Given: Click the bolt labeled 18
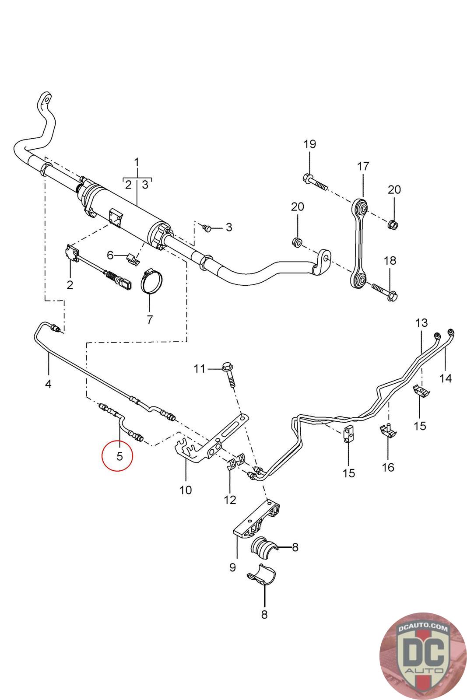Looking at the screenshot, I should [x=383, y=290].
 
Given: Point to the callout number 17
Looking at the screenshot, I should [x=363, y=166].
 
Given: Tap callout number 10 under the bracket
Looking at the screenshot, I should [x=186, y=490].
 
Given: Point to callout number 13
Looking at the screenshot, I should [x=421, y=323].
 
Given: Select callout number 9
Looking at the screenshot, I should [x=232, y=567].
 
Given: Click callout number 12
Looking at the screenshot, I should [x=230, y=499].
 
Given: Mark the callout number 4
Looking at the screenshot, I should [x=48, y=384].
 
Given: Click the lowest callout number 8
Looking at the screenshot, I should [x=264, y=614].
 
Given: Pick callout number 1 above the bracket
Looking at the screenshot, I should [x=137, y=162].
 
